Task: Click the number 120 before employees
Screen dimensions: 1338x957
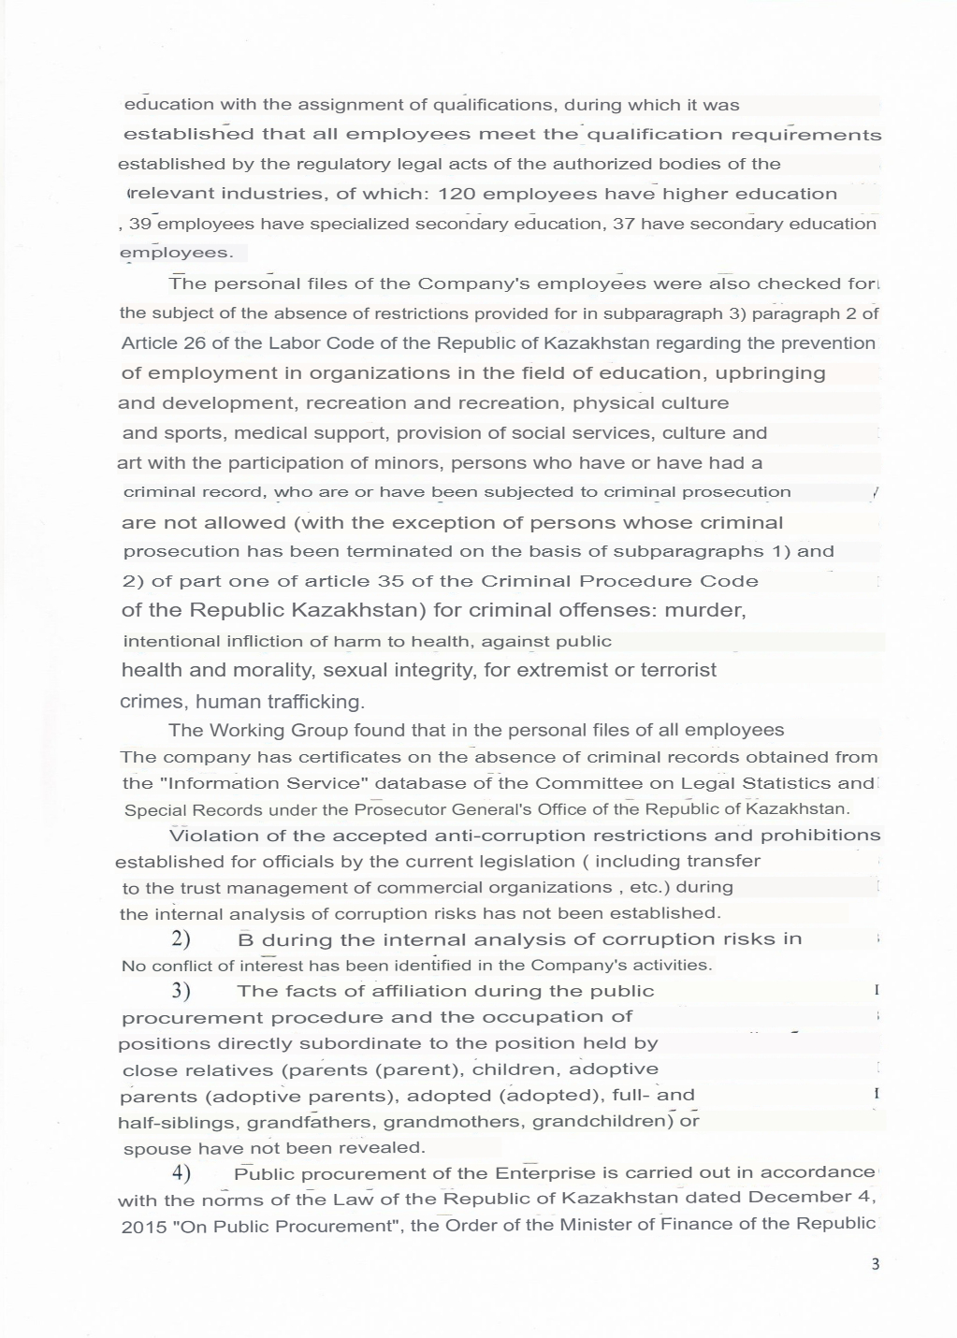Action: click(x=456, y=195)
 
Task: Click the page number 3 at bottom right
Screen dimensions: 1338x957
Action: click(x=875, y=1265)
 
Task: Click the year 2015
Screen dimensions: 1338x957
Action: click(x=143, y=1225)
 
